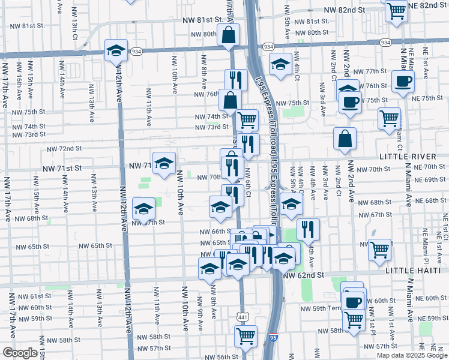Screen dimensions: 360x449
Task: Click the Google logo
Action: click(x=20, y=353)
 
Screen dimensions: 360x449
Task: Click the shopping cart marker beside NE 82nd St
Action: click(x=396, y=10)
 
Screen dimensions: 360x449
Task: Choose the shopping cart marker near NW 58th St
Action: click(x=246, y=335)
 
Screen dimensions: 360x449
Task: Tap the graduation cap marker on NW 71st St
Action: click(x=164, y=163)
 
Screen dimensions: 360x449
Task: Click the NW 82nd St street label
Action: click(x=345, y=10)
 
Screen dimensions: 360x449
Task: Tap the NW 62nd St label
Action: click(x=304, y=275)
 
